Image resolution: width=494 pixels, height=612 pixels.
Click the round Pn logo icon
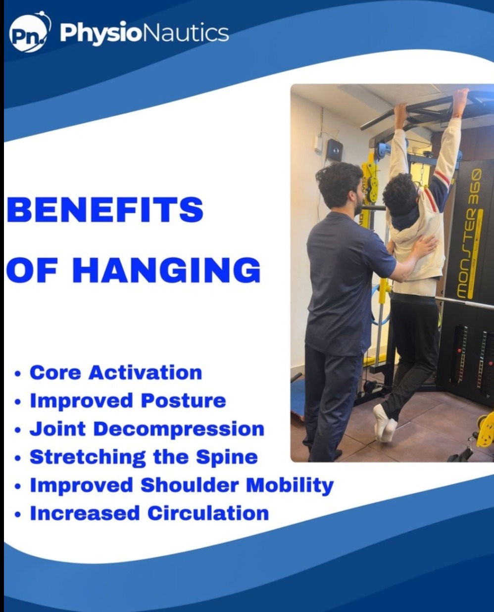(x=30, y=36)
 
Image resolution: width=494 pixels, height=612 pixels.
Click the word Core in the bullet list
(x=55, y=373)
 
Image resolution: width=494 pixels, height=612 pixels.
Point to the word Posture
(x=184, y=401)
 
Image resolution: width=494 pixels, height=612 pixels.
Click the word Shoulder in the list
(x=190, y=485)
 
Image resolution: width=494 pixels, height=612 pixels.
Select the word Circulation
(x=208, y=514)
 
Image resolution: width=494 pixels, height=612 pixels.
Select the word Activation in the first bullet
(x=145, y=373)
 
